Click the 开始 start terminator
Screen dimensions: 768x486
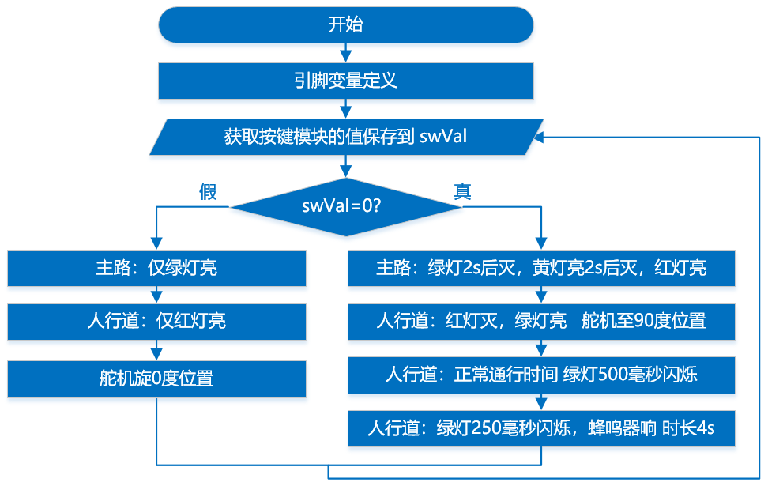click(346, 25)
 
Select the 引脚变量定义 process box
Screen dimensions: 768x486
click(346, 81)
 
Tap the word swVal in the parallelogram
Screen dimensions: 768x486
click(443, 136)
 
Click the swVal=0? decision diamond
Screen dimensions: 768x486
click(346, 207)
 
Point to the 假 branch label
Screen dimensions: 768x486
click(208, 191)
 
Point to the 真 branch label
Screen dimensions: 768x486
click(462, 191)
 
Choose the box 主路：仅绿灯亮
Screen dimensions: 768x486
click(156, 268)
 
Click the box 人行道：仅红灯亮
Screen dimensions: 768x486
click(156, 322)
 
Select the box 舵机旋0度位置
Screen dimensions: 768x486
click(156, 379)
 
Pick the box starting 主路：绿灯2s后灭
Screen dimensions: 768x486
click(541, 268)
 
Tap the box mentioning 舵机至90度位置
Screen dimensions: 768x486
click(541, 322)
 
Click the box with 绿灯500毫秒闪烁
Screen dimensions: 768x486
click(541, 375)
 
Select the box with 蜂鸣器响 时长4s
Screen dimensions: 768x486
click(541, 428)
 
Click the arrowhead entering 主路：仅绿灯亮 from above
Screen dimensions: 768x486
click(156, 243)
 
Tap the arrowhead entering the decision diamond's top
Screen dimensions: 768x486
click(346, 171)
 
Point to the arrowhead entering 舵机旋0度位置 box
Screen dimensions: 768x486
click(156, 355)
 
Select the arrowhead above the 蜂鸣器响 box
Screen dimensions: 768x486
click(541, 404)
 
